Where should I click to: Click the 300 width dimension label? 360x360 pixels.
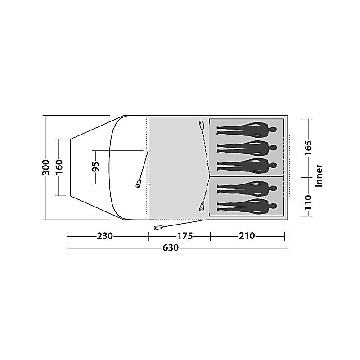pyautogui.click(x=46, y=167)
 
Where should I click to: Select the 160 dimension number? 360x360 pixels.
pyautogui.click(x=59, y=167)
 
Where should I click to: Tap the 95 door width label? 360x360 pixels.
pyautogui.click(x=96, y=166)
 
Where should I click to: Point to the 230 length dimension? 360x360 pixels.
pyautogui.click(x=105, y=236)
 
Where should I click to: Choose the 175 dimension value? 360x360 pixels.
pyautogui.click(x=185, y=236)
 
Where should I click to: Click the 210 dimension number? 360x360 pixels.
pyautogui.click(x=247, y=236)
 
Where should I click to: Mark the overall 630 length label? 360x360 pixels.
pyautogui.click(x=171, y=248)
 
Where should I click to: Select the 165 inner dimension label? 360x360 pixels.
pyautogui.click(x=308, y=148)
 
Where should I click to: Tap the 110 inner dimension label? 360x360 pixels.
pyautogui.click(x=308, y=203)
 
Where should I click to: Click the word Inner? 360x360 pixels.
pyautogui.click(x=319, y=175)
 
